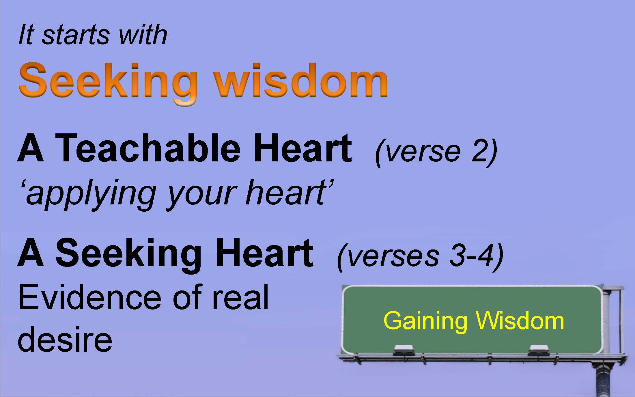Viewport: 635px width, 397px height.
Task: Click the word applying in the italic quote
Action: [89, 193]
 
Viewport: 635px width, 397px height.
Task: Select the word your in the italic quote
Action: [202, 196]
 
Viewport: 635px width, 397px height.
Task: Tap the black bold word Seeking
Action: [129, 254]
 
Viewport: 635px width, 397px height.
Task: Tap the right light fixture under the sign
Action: [539, 350]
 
